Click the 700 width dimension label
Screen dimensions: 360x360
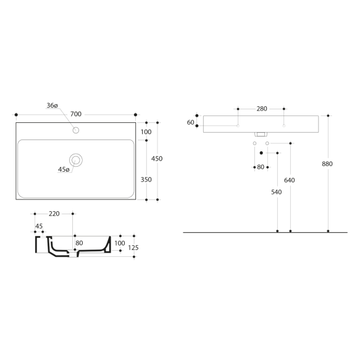tap(76, 114)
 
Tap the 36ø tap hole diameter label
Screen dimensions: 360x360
tap(52, 106)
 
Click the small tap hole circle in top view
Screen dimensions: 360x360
tap(76, 130)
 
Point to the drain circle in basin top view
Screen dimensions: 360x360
tap(76, 160)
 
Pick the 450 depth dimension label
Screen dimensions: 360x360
tap(157, 159)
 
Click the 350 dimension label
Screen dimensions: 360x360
tap(145, 180)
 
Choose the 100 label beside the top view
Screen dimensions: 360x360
tap(145, 132)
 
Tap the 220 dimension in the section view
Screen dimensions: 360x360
tap(54, 214)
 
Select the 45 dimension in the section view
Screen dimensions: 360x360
tap(39, 225)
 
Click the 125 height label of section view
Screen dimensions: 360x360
tap(133, 248)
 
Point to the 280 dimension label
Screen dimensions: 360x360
tap(261, 109)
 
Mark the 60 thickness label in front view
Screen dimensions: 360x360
tap(190, 122)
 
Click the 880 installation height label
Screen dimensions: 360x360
tap(327, 164)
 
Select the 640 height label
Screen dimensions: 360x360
tap(290, 180)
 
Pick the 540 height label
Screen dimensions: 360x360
tap(277, 193)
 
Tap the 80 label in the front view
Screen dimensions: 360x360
tap(261, 167)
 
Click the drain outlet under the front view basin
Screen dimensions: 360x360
tap(261, 133)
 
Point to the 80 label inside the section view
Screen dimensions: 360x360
tap(79, 243)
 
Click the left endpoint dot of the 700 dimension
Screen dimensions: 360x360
tap(16, 115)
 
